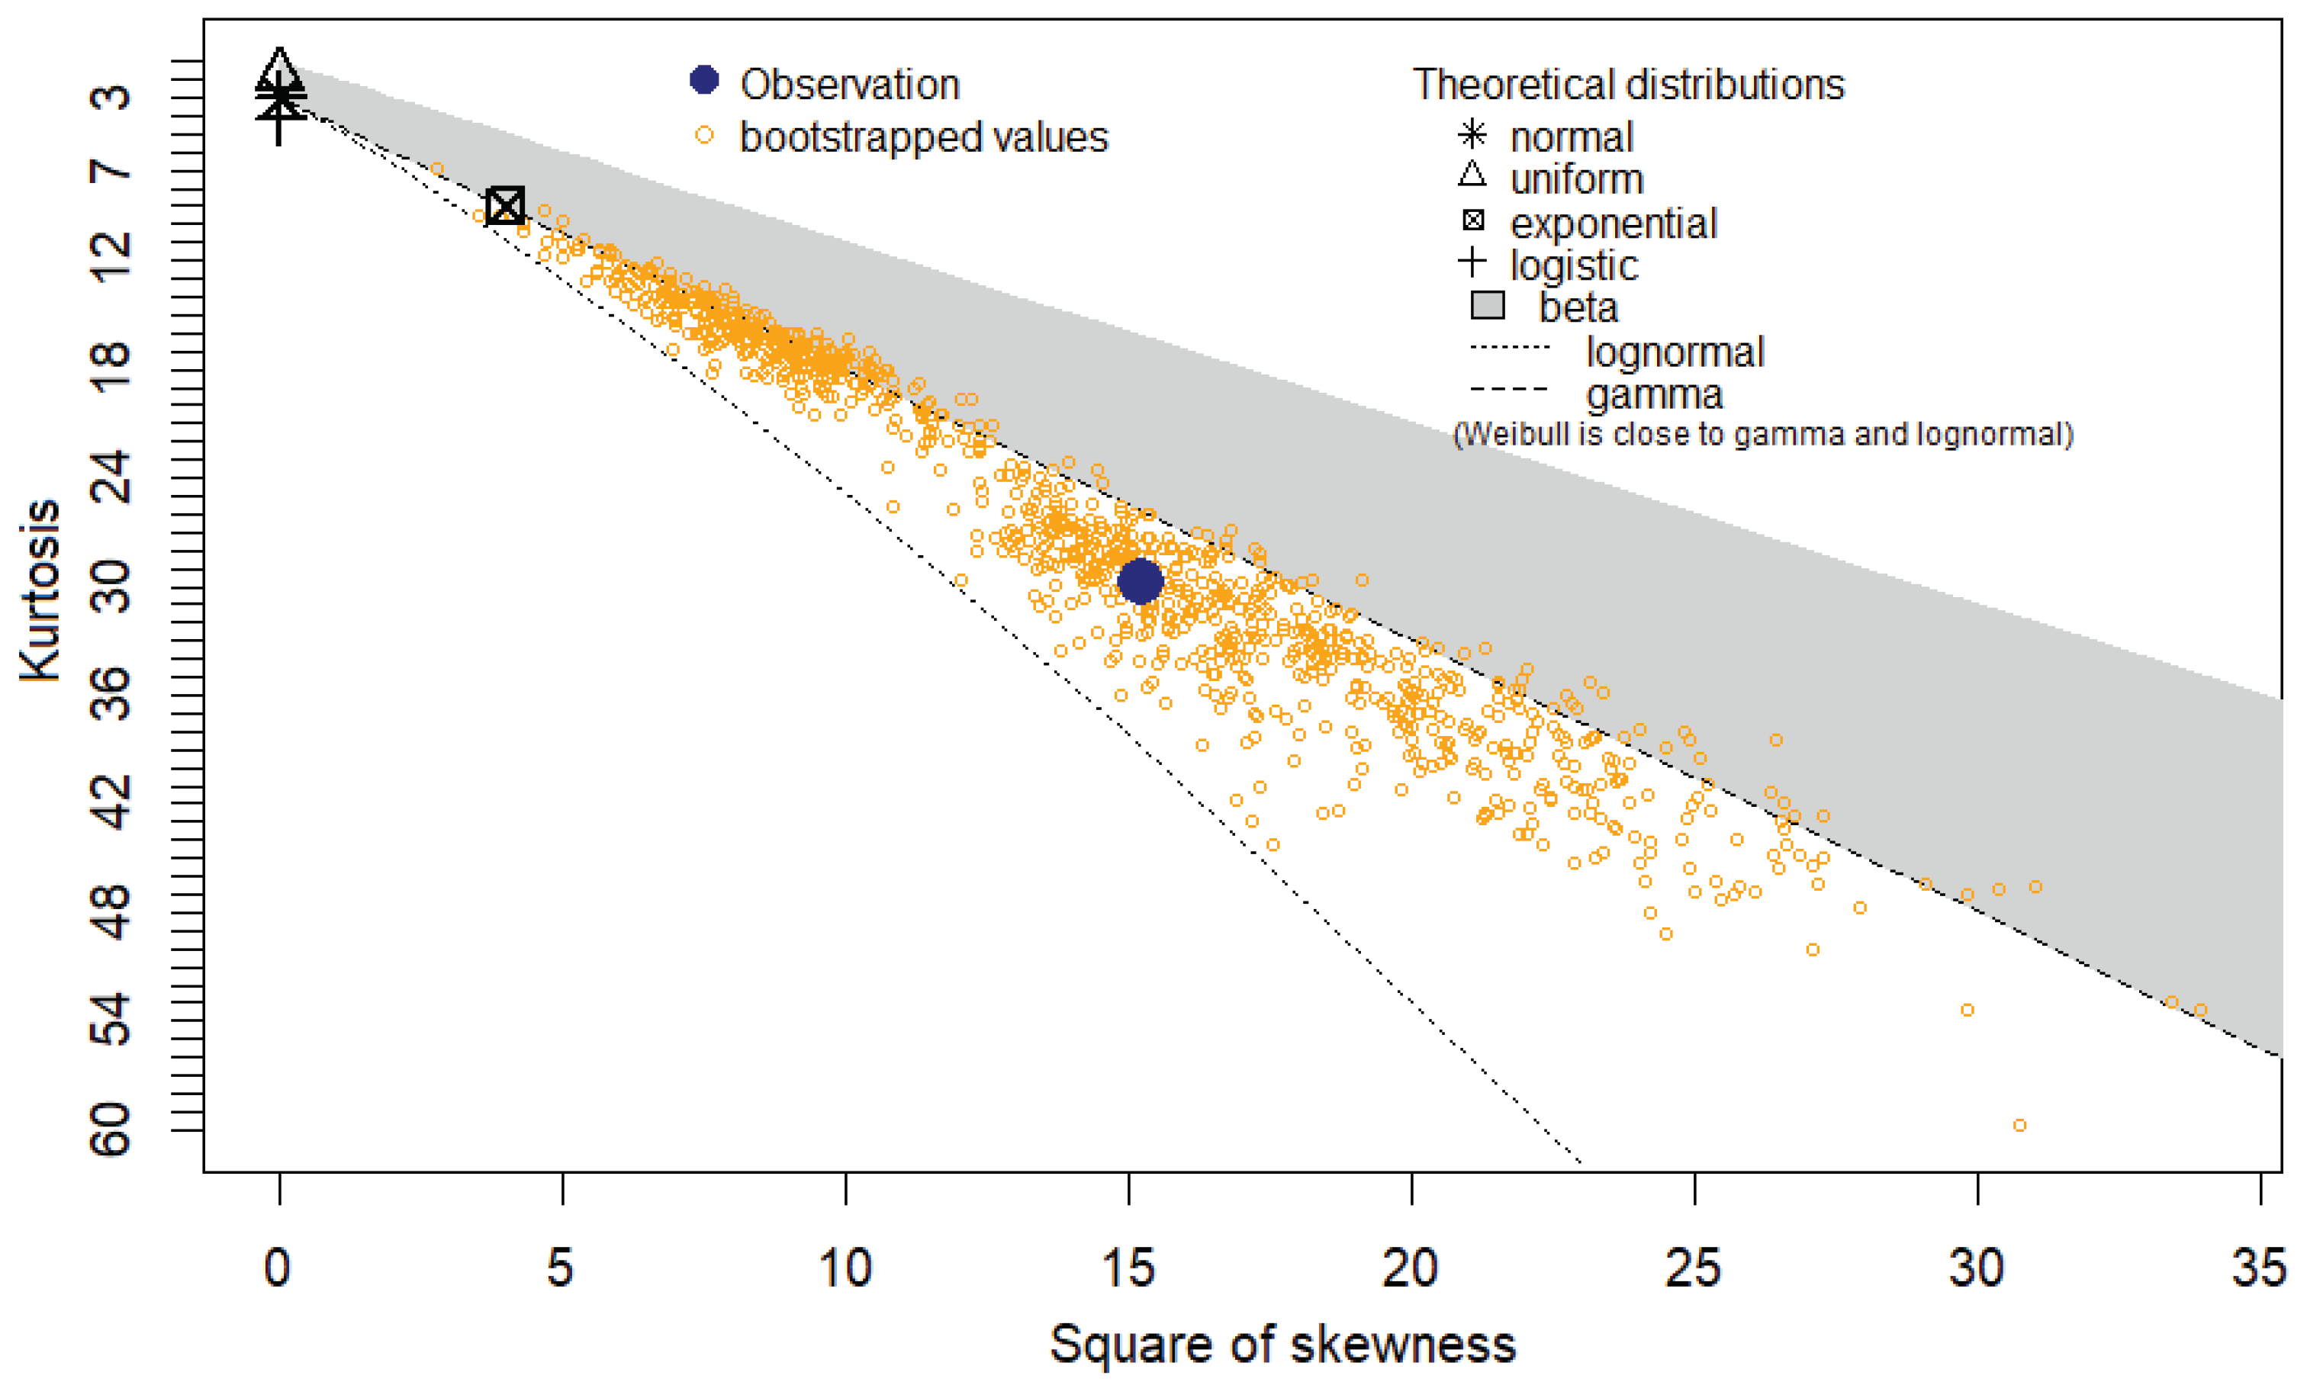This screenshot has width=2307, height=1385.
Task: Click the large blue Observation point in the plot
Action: point(1139,581)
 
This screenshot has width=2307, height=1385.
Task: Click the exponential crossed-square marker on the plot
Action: point(506,205)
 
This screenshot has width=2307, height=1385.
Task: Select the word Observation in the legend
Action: point(850,85)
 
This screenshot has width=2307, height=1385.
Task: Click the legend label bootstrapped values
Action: point(923,137)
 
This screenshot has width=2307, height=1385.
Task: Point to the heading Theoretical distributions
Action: point(1628,85)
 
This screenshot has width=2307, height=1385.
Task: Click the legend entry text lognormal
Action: point(1674,352)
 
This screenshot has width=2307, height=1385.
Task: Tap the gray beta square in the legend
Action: point(1488,305)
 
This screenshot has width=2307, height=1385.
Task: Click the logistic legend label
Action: point(1573,265)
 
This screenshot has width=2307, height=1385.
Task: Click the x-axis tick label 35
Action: point(2258,1268)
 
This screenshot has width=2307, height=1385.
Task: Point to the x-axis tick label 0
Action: point(277,1268)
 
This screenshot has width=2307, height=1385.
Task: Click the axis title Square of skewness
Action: point(1282,1344)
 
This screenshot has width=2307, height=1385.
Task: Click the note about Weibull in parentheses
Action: point(1763,435)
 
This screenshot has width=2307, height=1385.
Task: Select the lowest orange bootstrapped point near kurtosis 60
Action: point(2019,1126)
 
